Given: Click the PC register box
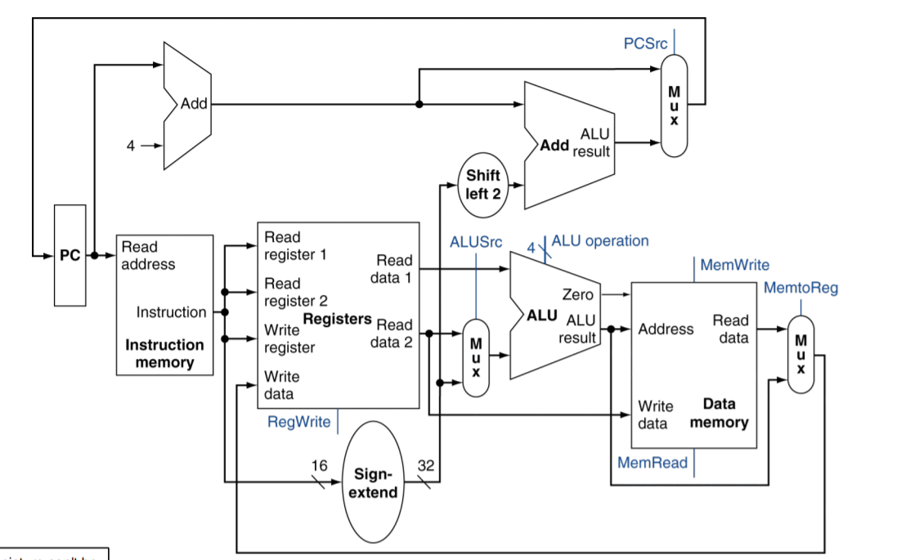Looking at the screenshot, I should pos(70,255).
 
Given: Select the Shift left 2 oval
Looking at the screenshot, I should pos(482,185).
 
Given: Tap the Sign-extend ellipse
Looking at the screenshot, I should pos(375,483).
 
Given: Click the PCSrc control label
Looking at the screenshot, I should pos(645,43).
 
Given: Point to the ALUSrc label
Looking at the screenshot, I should pos(476,242).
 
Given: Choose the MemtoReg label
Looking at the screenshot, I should pos(800,288).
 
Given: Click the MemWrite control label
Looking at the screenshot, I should pos(734,265).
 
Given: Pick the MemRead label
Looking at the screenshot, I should pos(652,463).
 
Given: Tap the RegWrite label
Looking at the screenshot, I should pos(299,422).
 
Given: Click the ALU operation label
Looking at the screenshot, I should pos(600,240).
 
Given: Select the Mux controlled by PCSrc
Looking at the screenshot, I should pos(674,105).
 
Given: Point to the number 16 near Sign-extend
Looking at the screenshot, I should pos(319,465).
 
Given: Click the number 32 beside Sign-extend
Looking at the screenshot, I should pos(426,465).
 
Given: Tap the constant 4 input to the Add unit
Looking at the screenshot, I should pos(130,146).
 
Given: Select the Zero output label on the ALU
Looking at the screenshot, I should pos(577,294).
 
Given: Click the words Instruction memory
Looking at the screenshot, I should pos(164,353).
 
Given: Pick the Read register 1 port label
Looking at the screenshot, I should pos(295,245).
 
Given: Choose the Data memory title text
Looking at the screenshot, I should pos(719,413).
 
